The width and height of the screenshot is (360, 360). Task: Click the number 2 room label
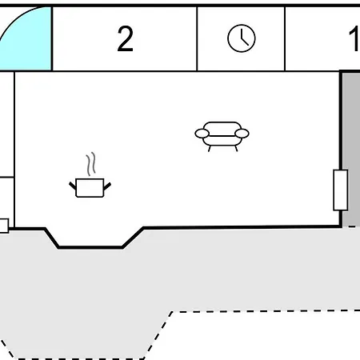coord(125,38)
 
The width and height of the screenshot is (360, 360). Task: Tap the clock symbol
coord(242,38)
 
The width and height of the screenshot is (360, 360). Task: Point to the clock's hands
coord(244,38)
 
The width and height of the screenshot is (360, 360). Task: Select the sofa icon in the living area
coord(222,136)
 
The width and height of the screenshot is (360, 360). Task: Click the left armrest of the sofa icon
coord(202,134)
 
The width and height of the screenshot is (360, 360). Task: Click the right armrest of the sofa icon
coord(242,134)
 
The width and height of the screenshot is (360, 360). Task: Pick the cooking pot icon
coord(90,188)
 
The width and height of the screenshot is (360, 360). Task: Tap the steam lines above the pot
coord(90,164)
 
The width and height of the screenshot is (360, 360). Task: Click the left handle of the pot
coord(73,186)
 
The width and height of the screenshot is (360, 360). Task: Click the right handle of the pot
coord(107,186)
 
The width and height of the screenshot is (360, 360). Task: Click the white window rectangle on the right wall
coord(341,190)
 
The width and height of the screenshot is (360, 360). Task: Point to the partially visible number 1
coord(354,38)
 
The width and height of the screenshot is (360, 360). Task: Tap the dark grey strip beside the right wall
coord(351,150)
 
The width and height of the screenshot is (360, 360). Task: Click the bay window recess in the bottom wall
coord(90,238)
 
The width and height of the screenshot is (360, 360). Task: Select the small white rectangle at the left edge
coord(4,226)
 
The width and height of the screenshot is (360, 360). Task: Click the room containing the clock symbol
coord(241,39)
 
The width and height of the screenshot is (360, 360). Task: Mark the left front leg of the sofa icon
coord(210,149)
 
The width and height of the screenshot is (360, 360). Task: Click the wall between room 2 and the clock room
coord(197,39)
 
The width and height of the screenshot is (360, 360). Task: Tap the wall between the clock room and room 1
coord(285,39)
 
